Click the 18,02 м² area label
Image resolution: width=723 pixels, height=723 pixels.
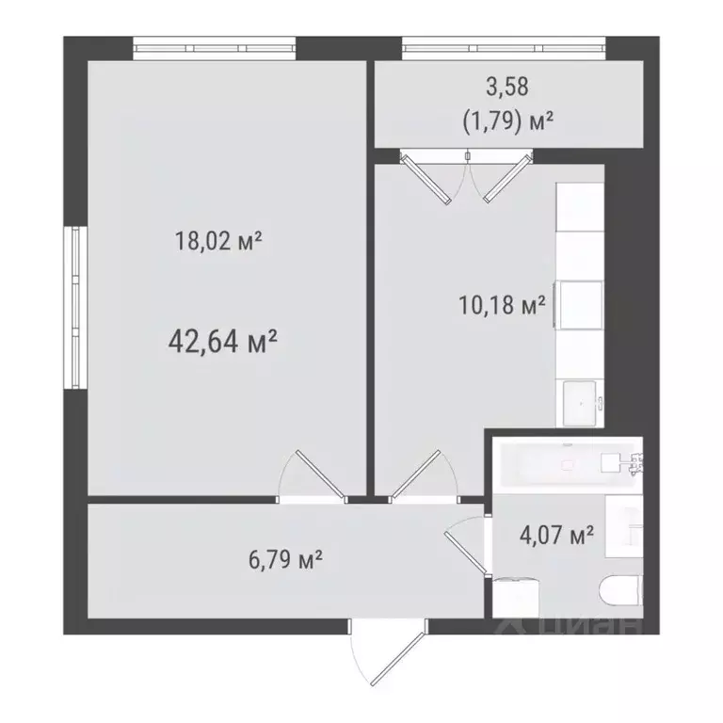[217, 242]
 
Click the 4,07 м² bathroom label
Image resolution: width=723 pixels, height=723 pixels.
[556, 536]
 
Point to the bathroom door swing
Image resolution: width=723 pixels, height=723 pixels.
[467, 546]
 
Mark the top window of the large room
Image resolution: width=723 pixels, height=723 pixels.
[214, 46]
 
